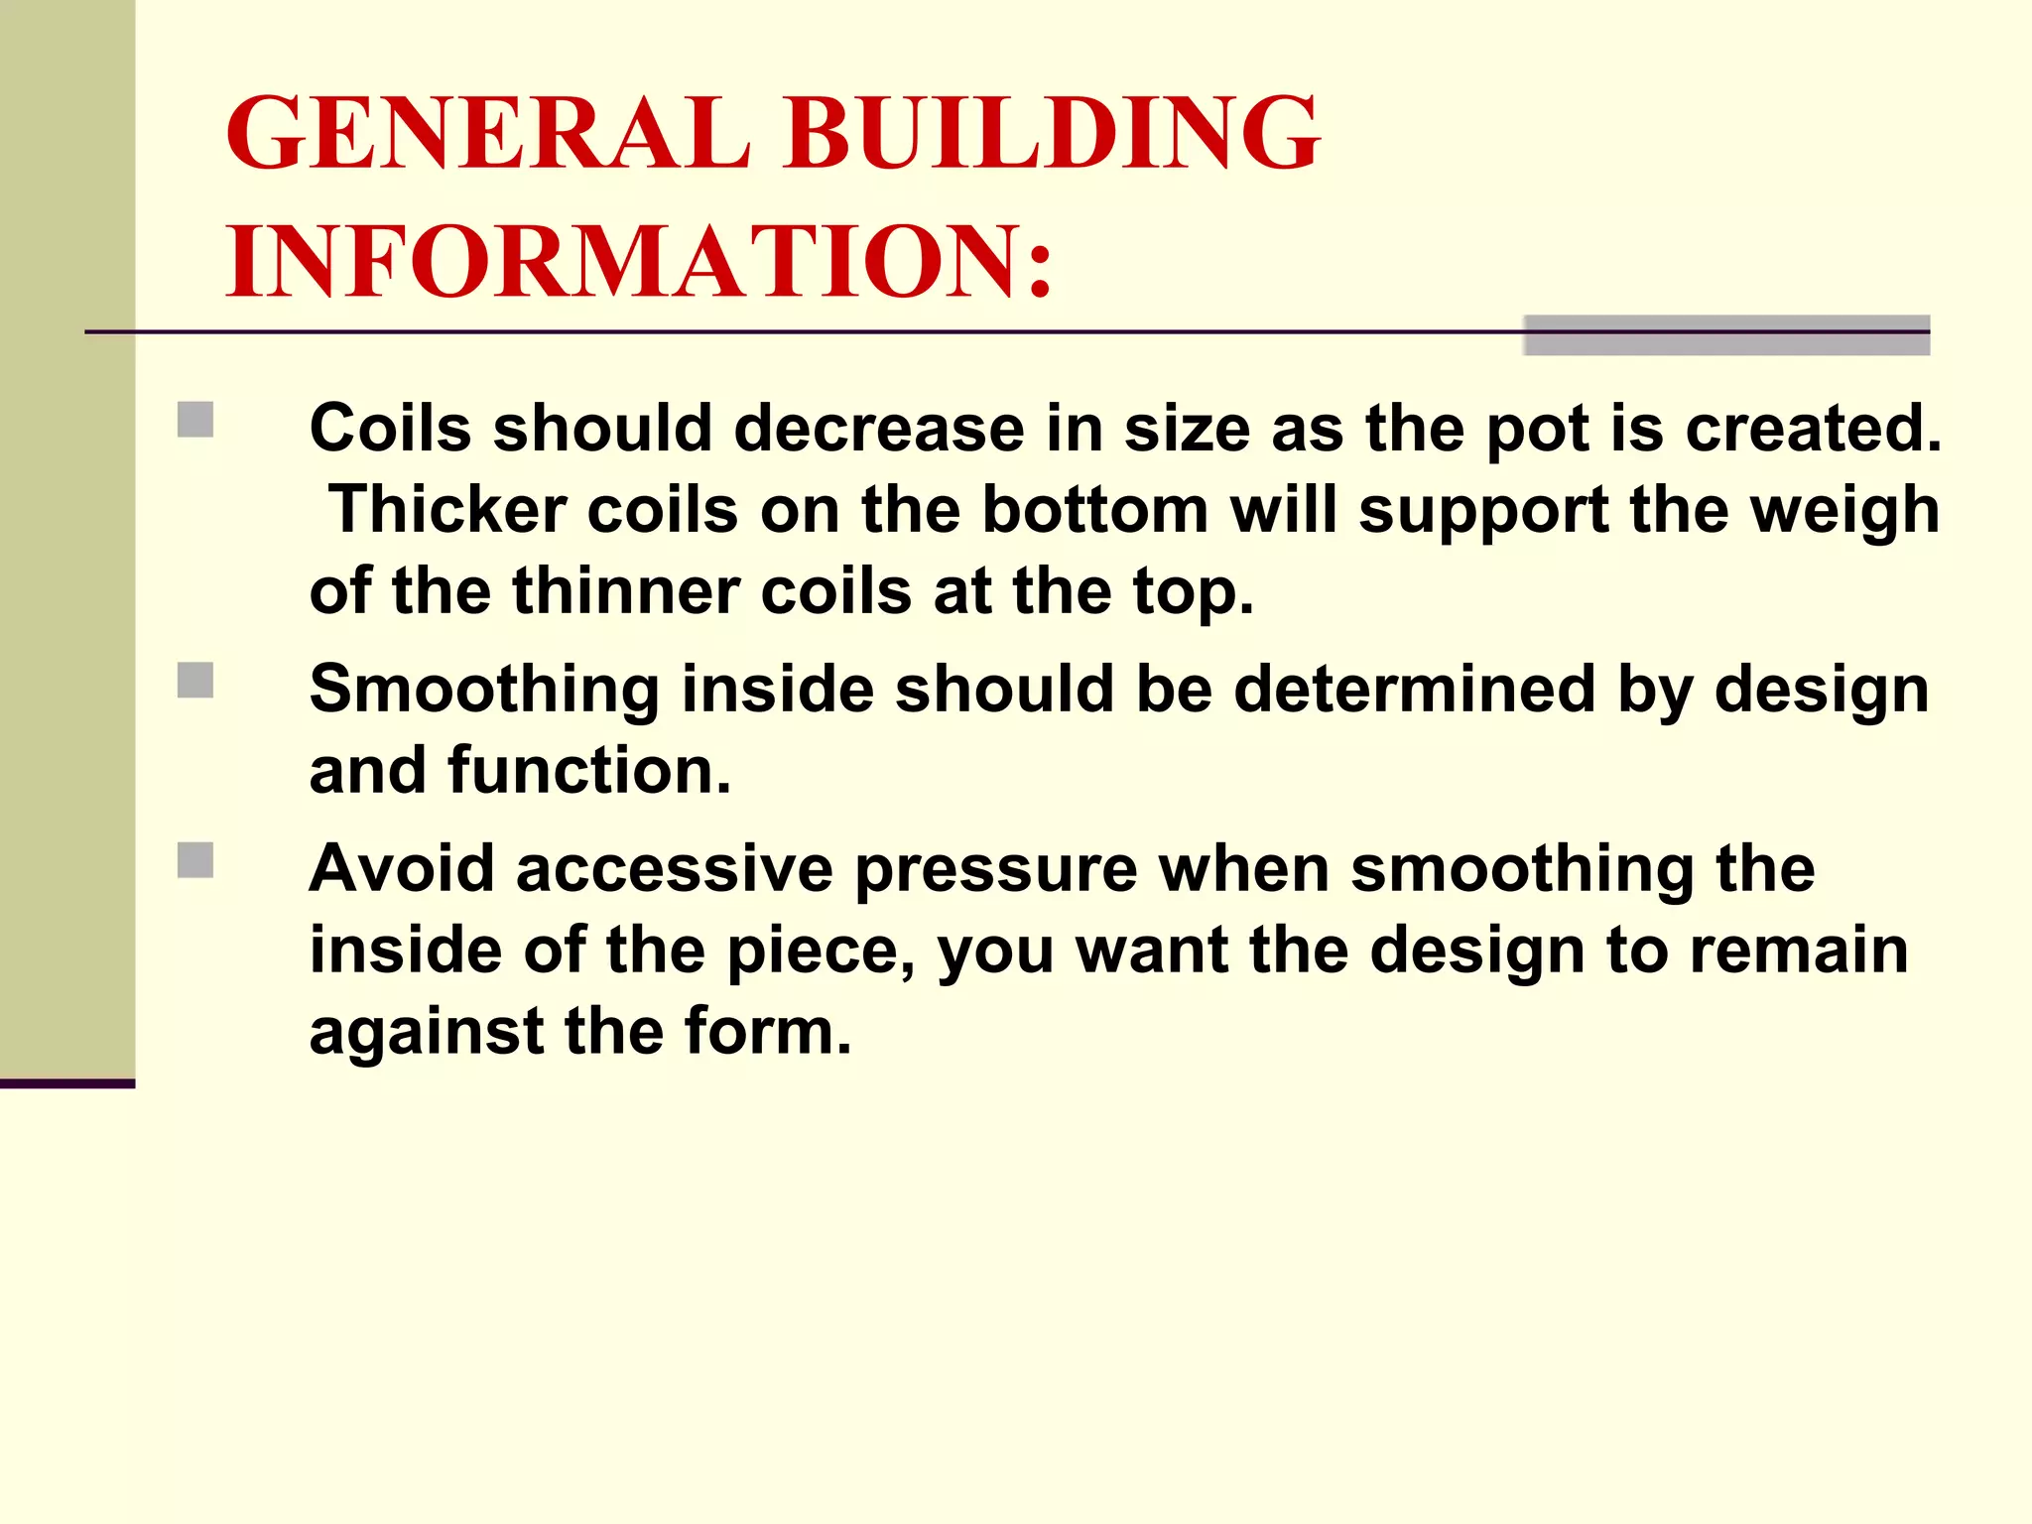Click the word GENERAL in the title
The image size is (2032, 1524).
pos(486,133)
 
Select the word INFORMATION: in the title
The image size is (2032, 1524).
pos(640,261)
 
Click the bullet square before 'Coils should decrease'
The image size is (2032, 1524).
pos(195,420)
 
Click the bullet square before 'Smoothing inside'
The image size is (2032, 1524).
pos(195,681)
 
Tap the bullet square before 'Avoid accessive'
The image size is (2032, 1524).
pos(195,860)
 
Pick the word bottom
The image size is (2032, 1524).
pos(1094,510)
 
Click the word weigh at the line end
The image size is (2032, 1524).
pos(1842,512)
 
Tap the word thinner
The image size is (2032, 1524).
pos(625,591)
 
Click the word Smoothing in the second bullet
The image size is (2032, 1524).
pos(484,691)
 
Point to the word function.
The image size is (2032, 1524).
pos(589,771)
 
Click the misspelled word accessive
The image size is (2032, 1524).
pos(674,869)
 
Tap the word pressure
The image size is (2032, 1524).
pos(995,871)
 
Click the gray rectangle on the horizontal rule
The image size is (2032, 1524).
pos(1725,335)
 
